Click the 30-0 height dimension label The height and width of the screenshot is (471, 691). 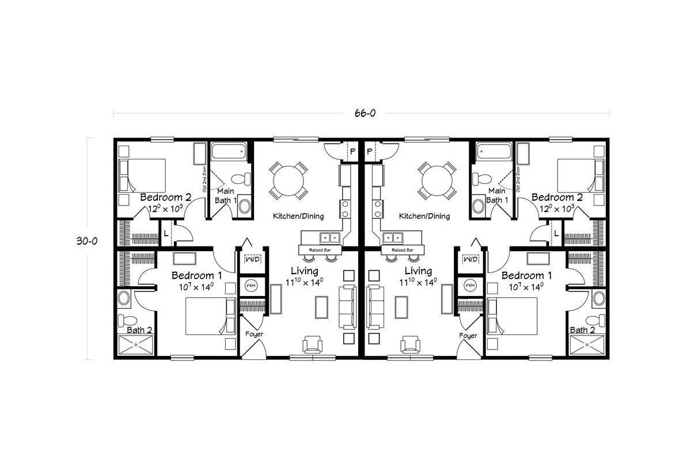click(x=86, y=242)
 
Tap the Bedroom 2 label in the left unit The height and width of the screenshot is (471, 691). click(x=166, y=197)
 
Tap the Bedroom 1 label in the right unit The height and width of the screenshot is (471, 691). click(x=526, y=275)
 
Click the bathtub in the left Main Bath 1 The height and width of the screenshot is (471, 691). click(x=229, y=152)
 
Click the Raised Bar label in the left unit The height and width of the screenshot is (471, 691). click(x=320, y=250)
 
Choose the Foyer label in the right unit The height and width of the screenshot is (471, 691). click(x=468, y=335)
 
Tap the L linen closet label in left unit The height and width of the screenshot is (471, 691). click(x=166, y=233)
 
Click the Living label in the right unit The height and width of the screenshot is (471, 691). click(x=418, y=271)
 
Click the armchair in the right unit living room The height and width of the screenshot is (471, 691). click(x=411, y=344)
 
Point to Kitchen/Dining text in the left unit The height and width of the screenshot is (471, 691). click(x=298, y=216)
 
